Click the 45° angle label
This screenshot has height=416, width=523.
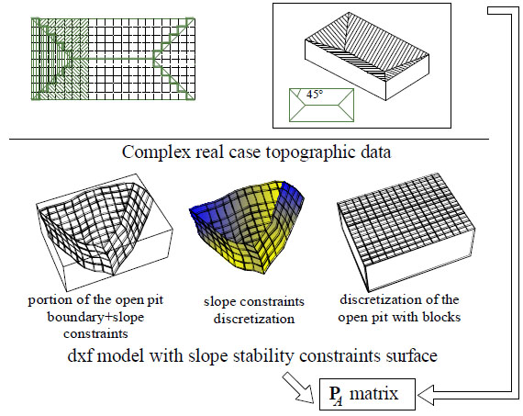(x=315, y=95)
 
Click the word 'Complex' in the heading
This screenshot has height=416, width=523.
(x=156, y=152)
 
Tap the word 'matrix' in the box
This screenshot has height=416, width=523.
(x=373, y=393)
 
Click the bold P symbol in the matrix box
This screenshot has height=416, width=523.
(x=334, y=393)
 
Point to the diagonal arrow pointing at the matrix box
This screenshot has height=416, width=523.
(x=298, y=388)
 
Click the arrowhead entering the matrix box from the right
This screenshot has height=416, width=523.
(x=425, y=394)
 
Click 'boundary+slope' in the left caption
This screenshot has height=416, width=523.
(x=95, y=317)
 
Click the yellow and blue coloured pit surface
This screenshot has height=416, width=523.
(x=247, y=226)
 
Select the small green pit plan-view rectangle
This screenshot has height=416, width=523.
(x=321, y=105)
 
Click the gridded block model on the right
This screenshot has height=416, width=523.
(x=406, y=231)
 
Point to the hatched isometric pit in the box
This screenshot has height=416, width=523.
(x=367, y=56)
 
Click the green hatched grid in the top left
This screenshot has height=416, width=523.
(x=113, y=59)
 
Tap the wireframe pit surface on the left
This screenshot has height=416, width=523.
(x=104, y=232)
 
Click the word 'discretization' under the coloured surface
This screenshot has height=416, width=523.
(x=254, y=319)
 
